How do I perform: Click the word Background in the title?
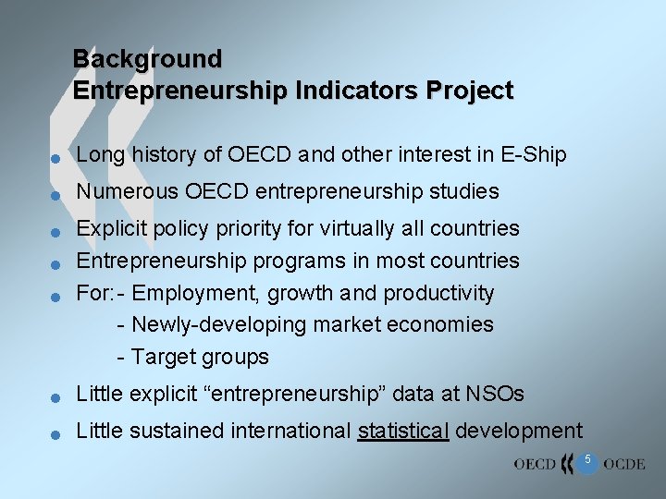[x=147, y=59]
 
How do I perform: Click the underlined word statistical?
[x=403, y=431]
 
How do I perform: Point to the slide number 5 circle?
[x=586, y=461]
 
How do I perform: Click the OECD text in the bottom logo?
[x=535, y=464]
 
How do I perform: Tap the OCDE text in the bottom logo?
[x=623, y=464]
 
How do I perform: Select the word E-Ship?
[x=532, y=155]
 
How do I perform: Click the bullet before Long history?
[x=55, y=159]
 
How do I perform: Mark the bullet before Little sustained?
[x=55, y=434]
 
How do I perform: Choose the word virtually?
[x=345, y=228]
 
